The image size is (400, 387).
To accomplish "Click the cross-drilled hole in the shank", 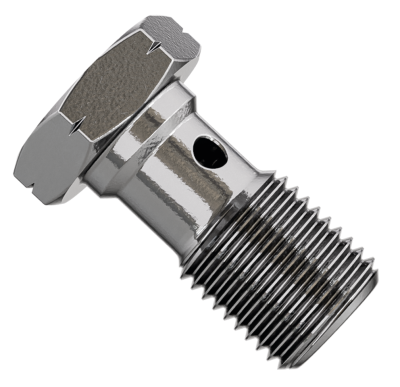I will (x=210, y=152).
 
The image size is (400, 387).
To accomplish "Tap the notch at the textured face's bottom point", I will (x=73, y=128).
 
